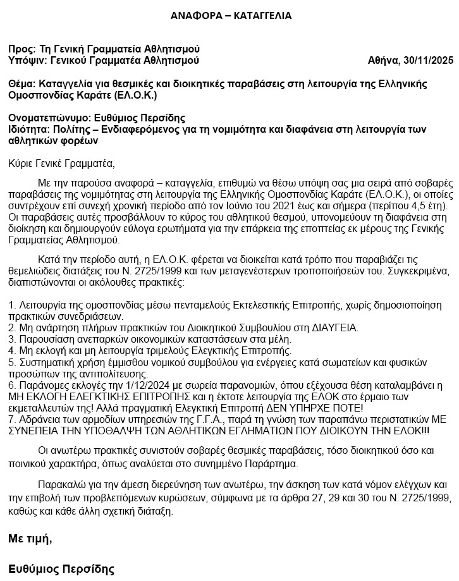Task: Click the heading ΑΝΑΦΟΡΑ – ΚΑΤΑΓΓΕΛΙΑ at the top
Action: coord(231,16)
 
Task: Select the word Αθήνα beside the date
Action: coord(383,61)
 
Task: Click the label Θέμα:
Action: coord(22,84)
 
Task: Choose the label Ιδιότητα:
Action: coord(29,129)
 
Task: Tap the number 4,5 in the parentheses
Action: coord(404,206)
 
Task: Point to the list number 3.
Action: coord(12,339)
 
